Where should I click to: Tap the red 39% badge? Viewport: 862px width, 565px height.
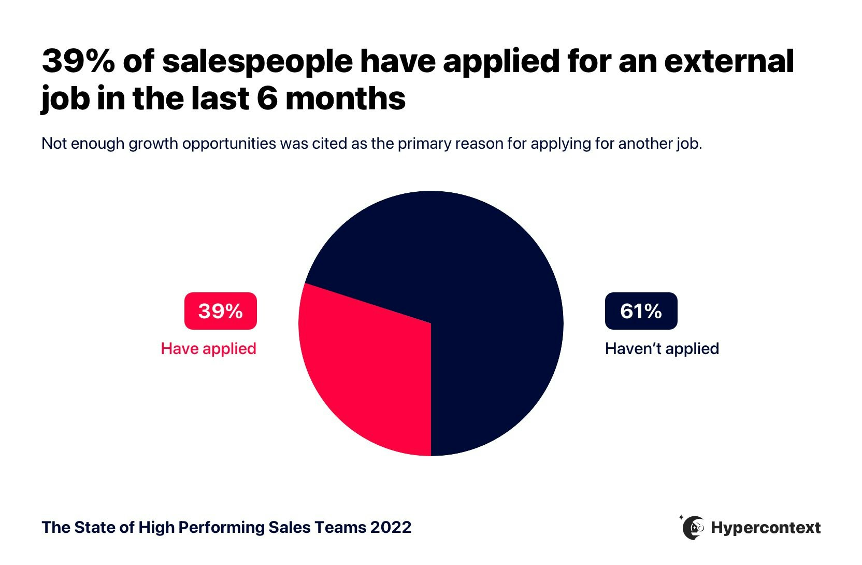221,311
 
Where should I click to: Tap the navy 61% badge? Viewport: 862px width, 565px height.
641,311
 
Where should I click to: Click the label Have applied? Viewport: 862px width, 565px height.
208,348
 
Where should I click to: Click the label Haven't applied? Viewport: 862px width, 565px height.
662,348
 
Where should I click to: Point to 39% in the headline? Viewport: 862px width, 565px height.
78,61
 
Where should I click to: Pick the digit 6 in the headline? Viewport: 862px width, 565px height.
267,98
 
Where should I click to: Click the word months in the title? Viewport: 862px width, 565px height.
346,98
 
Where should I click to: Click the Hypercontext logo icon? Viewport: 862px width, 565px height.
693,528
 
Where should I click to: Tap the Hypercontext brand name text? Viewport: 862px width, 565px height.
766,528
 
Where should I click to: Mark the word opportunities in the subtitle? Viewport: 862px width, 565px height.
229,144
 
